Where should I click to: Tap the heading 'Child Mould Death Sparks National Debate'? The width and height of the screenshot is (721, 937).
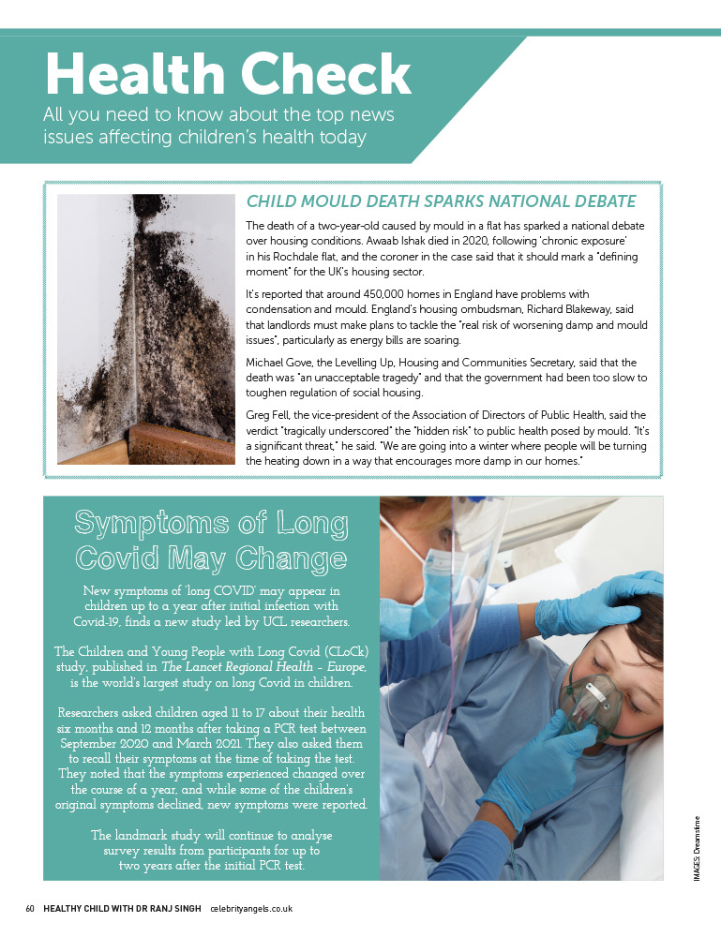point(441,201)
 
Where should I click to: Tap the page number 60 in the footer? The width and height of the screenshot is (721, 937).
point(30,910)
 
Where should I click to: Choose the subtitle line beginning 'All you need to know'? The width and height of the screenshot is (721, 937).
point(219,116)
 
